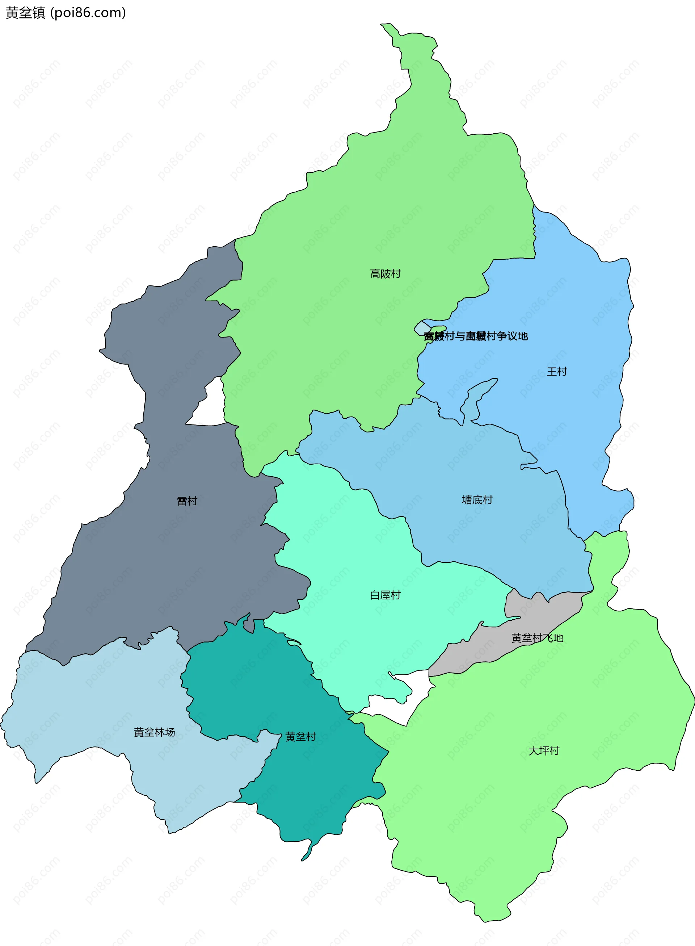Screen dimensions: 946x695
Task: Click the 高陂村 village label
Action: [x=385, y=274]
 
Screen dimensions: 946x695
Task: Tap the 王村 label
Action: [x=557, y=372]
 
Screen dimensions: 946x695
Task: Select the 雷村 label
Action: [x=187, y=501]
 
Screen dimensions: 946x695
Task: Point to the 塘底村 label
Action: [x=477, y=500]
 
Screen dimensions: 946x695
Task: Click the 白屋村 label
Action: [x=385, y=595]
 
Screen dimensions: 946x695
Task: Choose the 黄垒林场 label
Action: [x=155, y=732]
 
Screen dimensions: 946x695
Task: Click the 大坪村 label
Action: [x=544, y=751]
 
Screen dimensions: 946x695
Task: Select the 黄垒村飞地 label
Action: [x=537, y=638]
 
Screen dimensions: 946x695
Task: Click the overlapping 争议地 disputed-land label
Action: [x=475, y=336]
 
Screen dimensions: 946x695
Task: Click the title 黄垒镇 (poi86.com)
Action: [x=66, y=13]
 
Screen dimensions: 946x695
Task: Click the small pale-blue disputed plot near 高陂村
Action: [x=422, y=328]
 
